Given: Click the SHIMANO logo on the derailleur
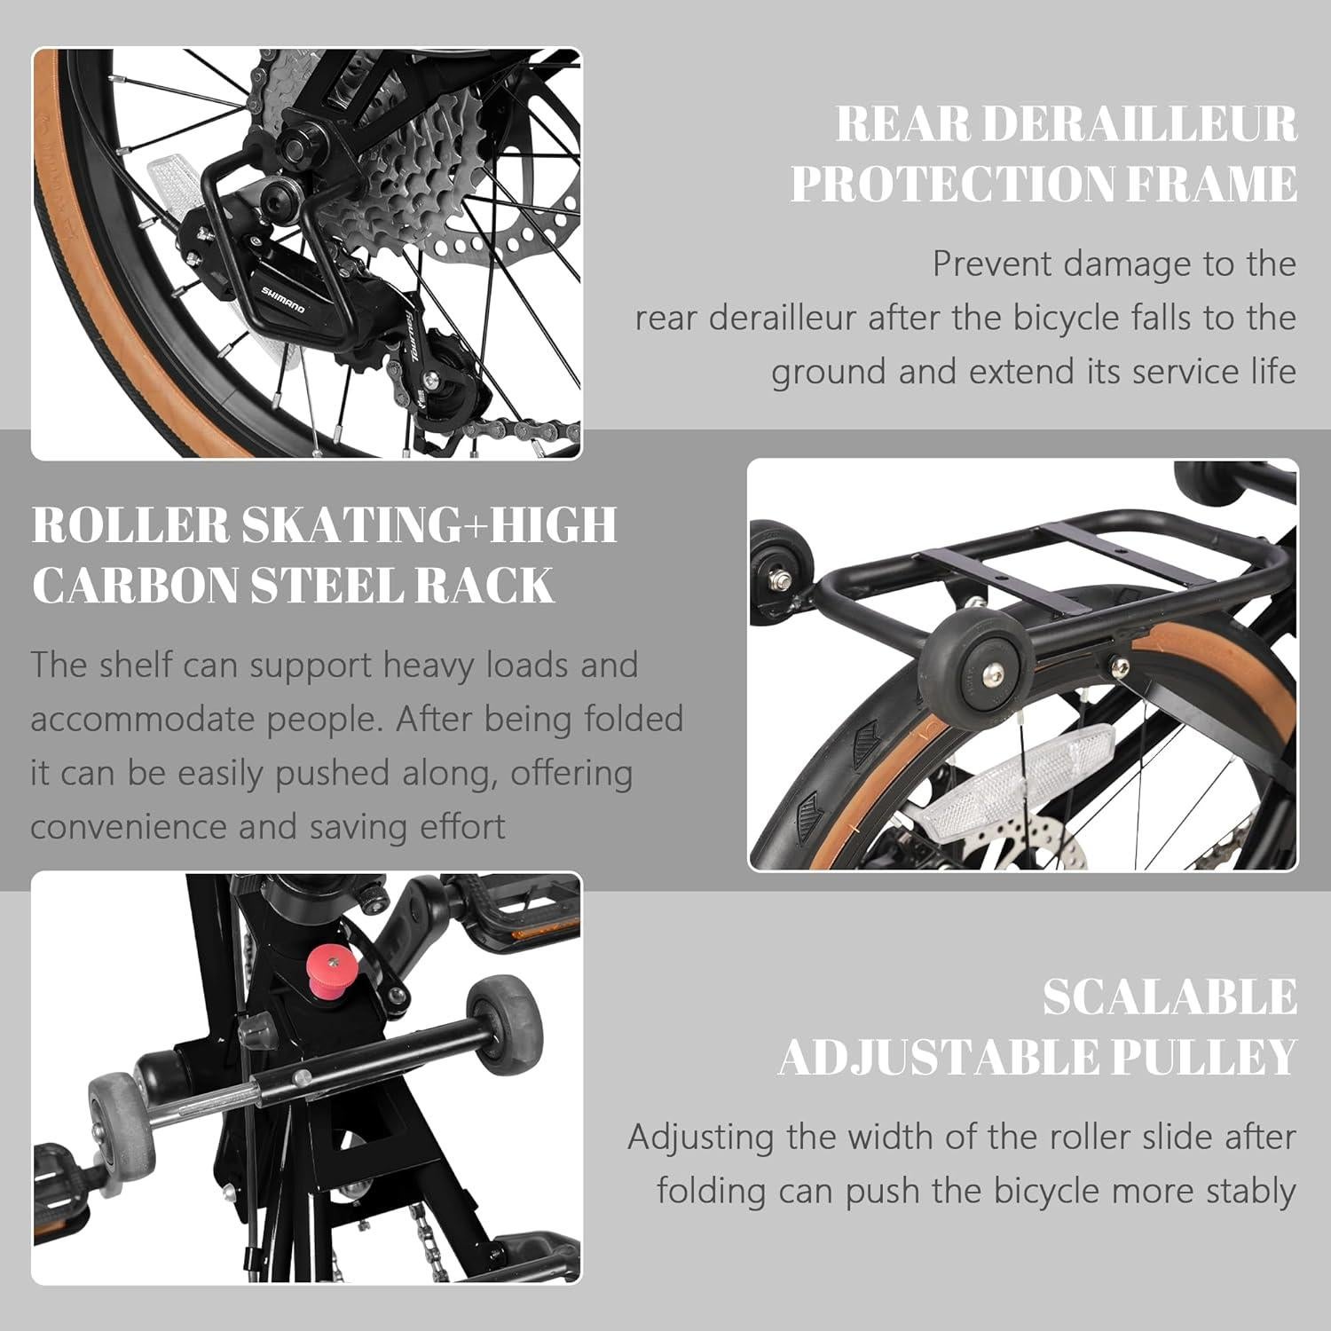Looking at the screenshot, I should click(282, 299).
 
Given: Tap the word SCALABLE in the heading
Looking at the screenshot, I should click(1169, 996).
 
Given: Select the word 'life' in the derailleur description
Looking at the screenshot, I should click(1274, 371).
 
